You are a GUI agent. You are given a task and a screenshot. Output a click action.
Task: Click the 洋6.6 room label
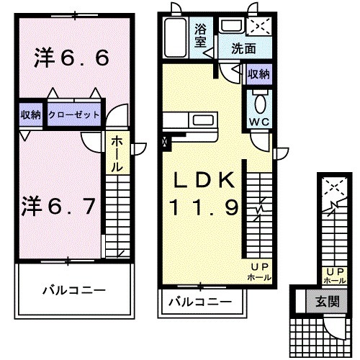(71, 58)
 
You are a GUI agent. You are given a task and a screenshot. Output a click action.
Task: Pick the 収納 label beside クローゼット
(30, 115)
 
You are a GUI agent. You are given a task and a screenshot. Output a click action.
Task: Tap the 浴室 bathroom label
(202, 35)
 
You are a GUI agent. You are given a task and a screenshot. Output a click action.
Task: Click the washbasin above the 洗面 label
(231, 27)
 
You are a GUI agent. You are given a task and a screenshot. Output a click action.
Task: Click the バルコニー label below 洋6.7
(73, 292)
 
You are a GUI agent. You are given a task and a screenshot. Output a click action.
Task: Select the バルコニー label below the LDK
(200, 301)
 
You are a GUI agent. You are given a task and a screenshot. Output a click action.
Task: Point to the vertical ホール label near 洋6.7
(115, 153)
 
